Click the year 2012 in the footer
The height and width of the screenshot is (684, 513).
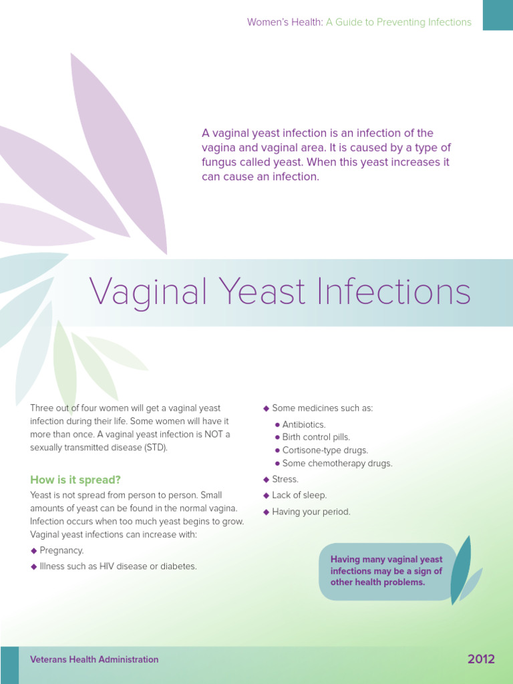tap(481, 659)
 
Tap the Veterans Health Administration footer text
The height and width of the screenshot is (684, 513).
tap(94, 659)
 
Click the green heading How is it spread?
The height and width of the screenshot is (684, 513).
tap(75, 480)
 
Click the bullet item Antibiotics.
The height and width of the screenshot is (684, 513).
tap(304, 424)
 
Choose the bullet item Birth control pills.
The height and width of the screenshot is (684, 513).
tap(316, 437)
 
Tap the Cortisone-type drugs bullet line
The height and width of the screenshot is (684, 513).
tap(325, 450)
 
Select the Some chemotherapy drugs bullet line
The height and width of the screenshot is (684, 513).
tap(337, 463)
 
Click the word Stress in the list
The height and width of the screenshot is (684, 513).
tap(285, 479)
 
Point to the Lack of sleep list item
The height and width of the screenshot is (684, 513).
tap(299, 495)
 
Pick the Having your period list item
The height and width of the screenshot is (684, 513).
tap(311, 512)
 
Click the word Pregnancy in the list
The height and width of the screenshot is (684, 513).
tap(61, 550)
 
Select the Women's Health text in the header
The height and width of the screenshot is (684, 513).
tap(285, 22)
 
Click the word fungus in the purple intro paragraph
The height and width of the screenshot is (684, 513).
tap(221, 162)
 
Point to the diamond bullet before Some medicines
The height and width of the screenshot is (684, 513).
tap(266, 408)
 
